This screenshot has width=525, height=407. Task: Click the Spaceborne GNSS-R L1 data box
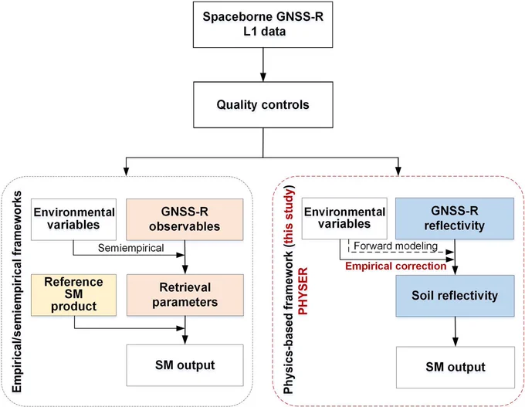[x=262, y=25]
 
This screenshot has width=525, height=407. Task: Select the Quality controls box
[x=262, y=104]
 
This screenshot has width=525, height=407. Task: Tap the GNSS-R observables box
[x=185, y=219]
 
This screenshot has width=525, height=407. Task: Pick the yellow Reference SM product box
[x=73, y=295]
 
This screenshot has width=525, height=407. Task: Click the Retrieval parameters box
[x=185, y=295]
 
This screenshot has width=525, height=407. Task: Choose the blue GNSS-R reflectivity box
[x=455, y=219]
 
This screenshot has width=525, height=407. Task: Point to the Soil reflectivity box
[x=455, y=296]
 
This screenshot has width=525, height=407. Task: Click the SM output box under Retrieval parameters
[x=185, y=365]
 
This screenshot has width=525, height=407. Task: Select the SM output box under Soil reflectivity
[x=456, y=367]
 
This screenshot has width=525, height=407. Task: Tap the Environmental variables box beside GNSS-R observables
[x=73, y=219]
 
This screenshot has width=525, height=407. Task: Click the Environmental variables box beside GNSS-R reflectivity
[x=344, y=219]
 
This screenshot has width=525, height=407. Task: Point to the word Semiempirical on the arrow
[x=131, y=248]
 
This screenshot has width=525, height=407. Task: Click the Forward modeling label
[x=396, y=246]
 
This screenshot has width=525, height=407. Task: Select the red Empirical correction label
[x=396, y=266]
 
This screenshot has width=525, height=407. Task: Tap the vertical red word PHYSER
[x=303, y=291]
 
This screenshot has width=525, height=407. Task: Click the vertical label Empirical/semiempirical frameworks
[x=17, y=291]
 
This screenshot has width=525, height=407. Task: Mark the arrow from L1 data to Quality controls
[x=263, y=65]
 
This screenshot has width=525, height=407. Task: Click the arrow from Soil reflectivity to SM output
[x=455, y=331]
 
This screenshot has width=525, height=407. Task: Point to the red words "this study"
[x=288, y=215]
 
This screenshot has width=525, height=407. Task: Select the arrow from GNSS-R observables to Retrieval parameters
[x=185, y=257]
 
